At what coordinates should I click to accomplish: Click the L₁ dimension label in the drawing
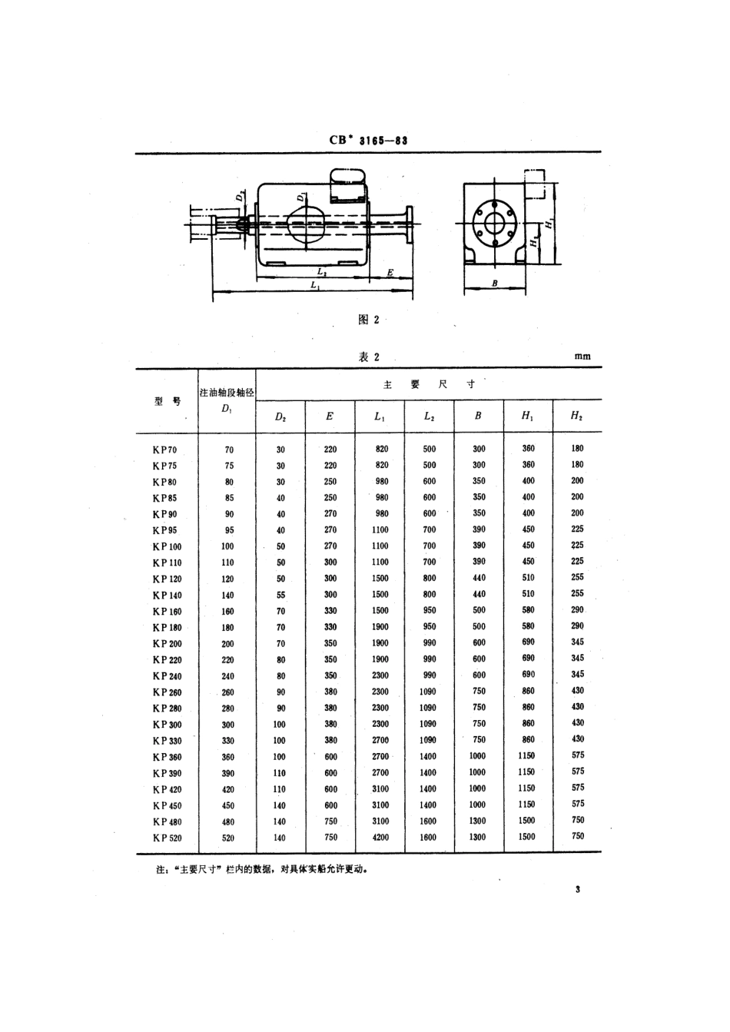(x=315, y=285)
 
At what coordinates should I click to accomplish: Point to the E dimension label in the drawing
(x=390, y=272)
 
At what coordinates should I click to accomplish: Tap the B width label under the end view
(x=495, y=284)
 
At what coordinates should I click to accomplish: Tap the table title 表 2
(x=369, y=357)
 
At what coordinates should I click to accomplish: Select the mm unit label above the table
(x=582, y=357)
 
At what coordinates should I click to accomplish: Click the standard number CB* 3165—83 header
(x=367, y=141)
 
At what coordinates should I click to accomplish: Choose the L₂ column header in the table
(x=429, y=416)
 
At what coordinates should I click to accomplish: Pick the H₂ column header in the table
(x=576, y=416)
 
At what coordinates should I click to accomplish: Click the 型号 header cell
(x=167, y=401)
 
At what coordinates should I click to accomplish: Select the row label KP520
(x=167, y=838)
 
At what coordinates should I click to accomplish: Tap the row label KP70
(x=164, y=450)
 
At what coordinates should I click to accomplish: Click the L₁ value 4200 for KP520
(x=380, y=837)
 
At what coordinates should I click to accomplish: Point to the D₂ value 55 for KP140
(x=280, y=595)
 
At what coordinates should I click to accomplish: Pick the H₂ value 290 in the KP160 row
(x=577, y=609)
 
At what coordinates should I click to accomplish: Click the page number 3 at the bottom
(x=576, y=889)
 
